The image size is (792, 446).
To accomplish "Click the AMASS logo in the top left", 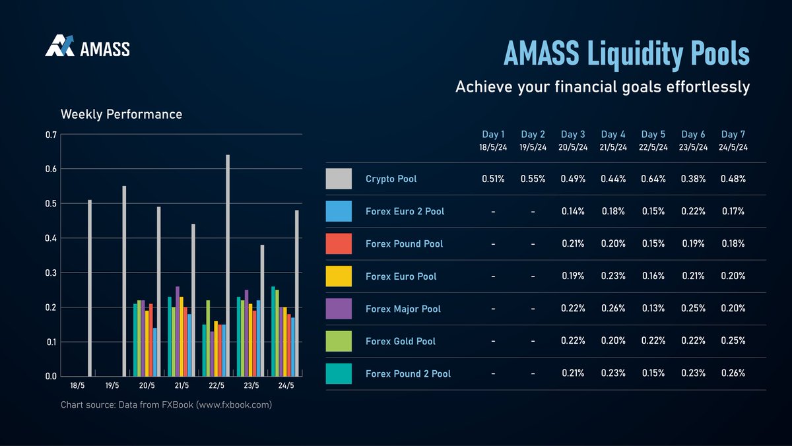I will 87,47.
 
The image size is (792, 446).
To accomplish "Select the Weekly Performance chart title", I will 121,114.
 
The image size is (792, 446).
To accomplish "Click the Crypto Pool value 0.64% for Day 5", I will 654,179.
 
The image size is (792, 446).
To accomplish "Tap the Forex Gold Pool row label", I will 401,341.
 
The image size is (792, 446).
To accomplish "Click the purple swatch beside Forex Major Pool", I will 339,309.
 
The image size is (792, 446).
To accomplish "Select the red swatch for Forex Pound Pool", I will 339,244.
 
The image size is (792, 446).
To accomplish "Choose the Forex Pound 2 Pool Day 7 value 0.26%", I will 733,373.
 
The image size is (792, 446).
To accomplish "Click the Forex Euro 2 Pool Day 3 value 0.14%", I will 574,212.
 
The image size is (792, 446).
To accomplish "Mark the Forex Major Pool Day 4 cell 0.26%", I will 614,309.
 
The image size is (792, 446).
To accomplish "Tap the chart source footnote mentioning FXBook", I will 166,404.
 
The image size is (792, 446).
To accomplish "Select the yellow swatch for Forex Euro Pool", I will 339,276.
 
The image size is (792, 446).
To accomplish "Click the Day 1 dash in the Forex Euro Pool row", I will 493,276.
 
